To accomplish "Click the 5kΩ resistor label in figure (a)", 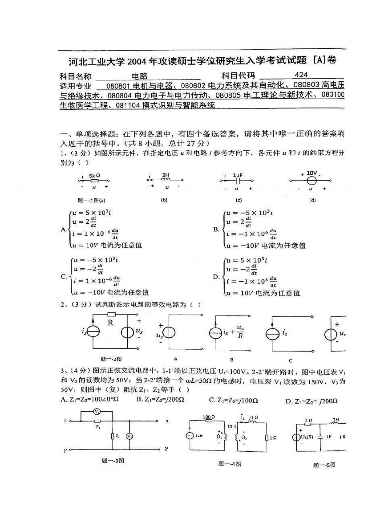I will pos(94,175).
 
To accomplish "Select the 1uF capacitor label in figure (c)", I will pos(237,175).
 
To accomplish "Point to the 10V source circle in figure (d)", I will pos(311,180).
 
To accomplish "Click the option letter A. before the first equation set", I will pos(64,229).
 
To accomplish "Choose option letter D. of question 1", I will pos(216,276).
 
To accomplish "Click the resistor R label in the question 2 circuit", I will pos(110,323).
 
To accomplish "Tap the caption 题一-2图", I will pos(111,359).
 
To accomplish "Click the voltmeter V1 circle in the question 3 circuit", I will pos(97,411).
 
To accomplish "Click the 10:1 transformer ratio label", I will pos(232,426).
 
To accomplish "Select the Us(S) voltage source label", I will pos(307,437).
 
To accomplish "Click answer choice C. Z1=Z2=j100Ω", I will pos(233,400).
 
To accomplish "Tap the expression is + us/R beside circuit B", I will pos(233,332).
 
